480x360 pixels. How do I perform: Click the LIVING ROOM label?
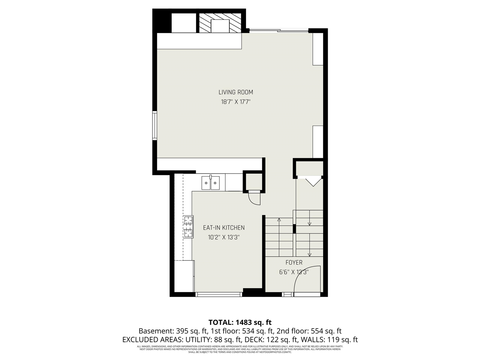(x=235, y=92)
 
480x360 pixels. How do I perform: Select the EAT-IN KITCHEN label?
(x=223, y=228)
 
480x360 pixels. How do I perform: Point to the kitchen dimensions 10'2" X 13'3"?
(x=223, y=237)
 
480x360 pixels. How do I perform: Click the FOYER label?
(x=294, y=263)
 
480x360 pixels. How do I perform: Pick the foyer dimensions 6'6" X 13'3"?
(x=294, y=273)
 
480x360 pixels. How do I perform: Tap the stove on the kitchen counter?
(x=188, y=227)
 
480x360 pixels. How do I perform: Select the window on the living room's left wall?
(x=154, y=126)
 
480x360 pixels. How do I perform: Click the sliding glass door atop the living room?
(x=279, y=30)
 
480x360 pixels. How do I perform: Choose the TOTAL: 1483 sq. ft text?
(x=240, y=322)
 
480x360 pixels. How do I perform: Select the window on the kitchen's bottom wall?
(x=219, y=294)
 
